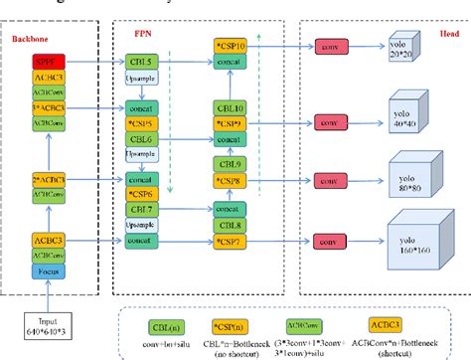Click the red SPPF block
[x=50, y=61]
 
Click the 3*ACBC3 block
[x=50, y=107]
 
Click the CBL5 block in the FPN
[x=141, y=61]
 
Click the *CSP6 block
[x=141, y=195]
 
